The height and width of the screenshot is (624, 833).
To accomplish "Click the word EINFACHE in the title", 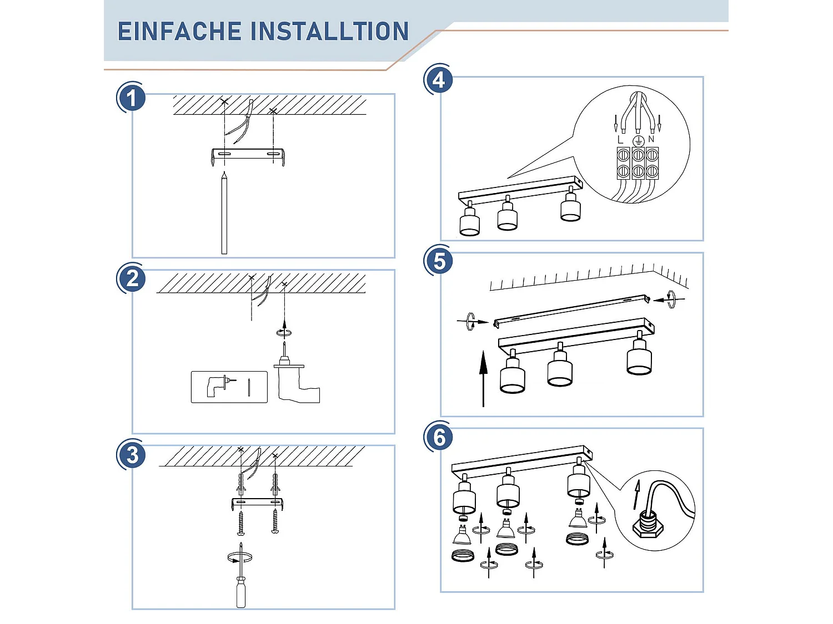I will coord(179,32).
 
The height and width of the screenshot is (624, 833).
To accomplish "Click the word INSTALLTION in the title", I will coord(330,32).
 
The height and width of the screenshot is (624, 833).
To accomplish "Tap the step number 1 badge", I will coord(132,98).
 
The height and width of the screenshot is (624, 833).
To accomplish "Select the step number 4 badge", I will coord(439,80).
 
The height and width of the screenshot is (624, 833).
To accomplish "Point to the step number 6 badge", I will coord(439,437).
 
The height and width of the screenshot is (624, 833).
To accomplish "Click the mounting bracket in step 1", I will coord(248,155).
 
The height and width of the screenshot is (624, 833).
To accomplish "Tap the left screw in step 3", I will coord(240,523).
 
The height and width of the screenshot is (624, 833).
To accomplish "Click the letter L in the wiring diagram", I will coord(620,140).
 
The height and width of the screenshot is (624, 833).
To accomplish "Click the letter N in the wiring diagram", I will coord(651,139).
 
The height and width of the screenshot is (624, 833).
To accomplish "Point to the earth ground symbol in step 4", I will coord(638,140).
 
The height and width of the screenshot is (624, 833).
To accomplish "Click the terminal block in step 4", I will coord(638,163).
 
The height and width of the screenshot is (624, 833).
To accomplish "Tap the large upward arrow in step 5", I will coord(483,377).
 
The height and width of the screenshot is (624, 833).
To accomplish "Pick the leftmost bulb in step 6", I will coord(462,535).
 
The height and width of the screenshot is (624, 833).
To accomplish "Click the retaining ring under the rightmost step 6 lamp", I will coord(578,539).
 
